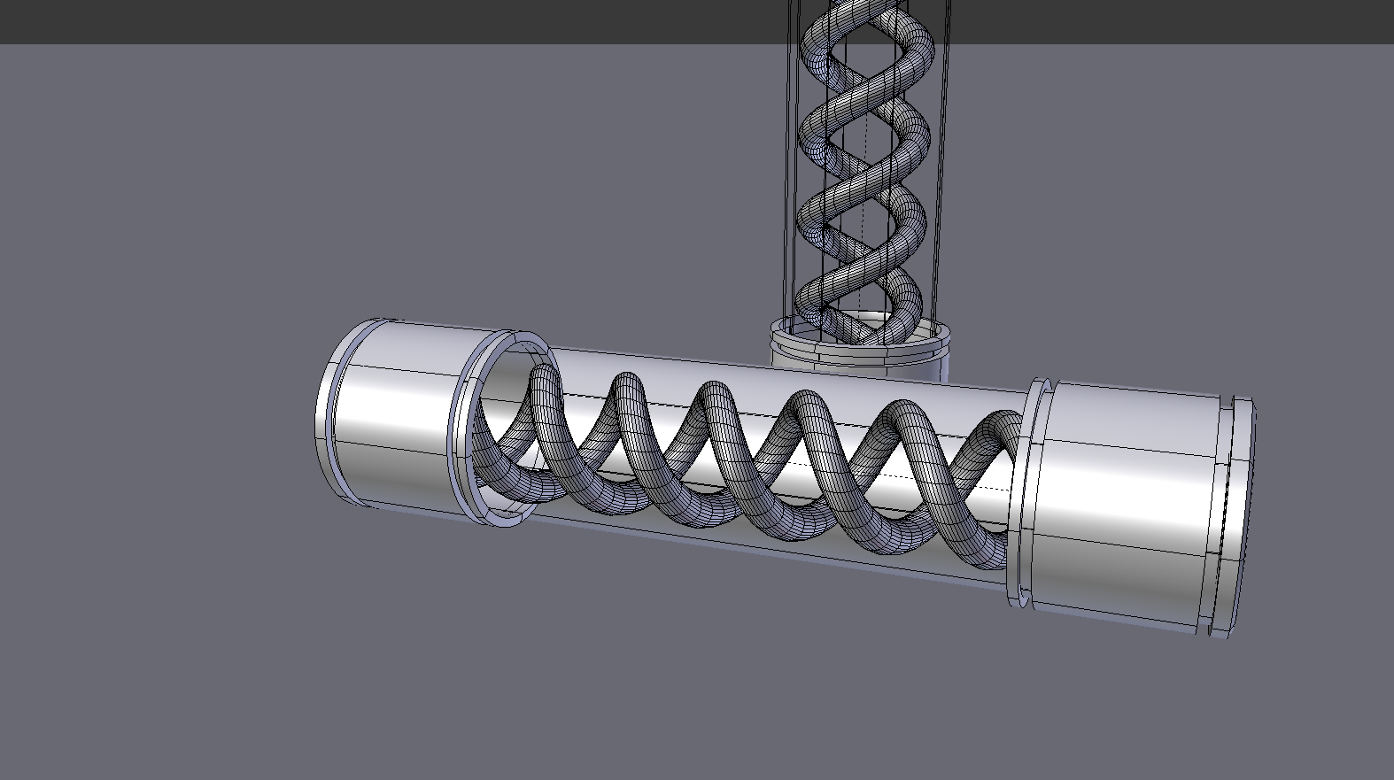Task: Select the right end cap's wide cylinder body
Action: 1125,505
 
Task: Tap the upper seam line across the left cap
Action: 399,368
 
